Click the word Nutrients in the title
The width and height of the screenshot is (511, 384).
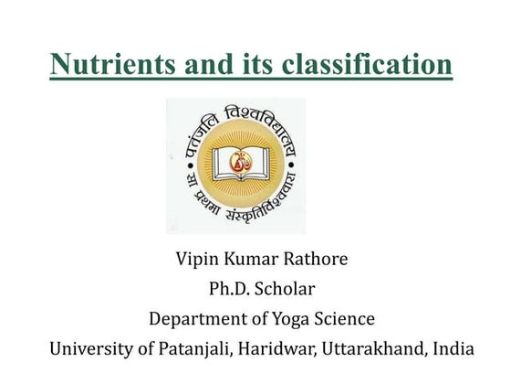point(107,64)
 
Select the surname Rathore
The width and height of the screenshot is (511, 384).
point(315,259)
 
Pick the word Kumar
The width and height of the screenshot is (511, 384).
point(252,259)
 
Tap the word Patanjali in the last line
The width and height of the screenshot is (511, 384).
point(191,350)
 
